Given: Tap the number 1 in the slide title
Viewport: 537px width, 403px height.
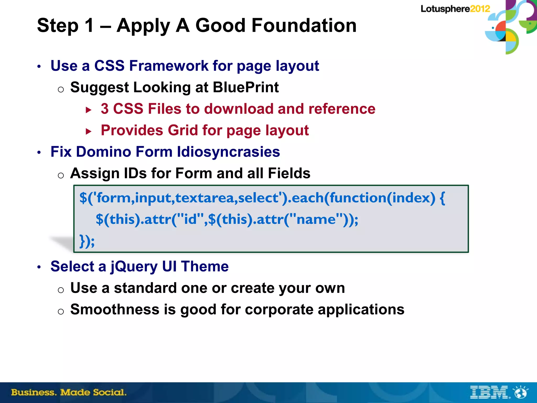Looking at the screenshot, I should [x=89, y=26].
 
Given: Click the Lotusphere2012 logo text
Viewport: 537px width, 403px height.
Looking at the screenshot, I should [x=455, y=9].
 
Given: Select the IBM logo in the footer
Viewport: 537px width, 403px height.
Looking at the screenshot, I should [x=489, y=392].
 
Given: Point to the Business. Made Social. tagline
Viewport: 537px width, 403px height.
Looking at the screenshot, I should [x=69, y=392].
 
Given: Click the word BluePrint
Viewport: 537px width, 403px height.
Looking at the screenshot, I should [x=246, y=87].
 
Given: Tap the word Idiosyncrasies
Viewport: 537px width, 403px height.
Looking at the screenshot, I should [x=228, y=152].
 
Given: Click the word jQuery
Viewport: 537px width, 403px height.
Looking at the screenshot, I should [x=134, y=267].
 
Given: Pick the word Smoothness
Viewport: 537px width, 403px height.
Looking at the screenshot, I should [x=115, y=309].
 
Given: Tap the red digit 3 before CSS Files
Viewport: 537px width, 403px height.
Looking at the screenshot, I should [x=105, y=109].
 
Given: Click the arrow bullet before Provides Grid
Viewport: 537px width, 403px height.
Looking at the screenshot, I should [x=89, y=131].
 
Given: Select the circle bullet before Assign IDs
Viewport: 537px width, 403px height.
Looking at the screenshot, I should [x=61, y=175].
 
